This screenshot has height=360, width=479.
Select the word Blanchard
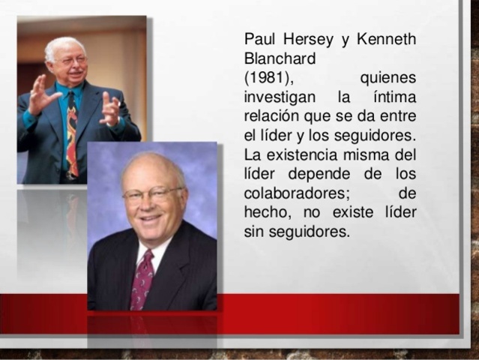coord(280,58)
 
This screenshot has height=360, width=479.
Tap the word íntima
coord(394,97)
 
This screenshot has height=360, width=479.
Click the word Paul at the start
coord(259,39)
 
